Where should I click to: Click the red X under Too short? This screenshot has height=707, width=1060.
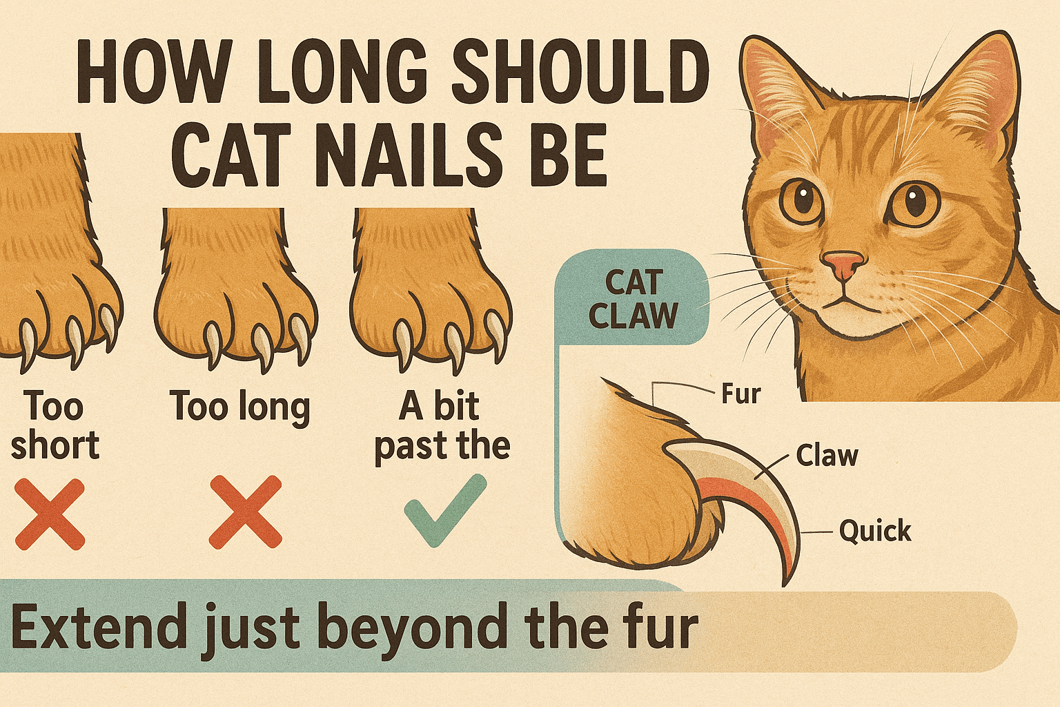tap(50, 514)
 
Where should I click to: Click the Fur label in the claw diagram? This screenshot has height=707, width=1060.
tap(740, 394)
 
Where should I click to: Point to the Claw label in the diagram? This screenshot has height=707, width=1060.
tap(827, 456)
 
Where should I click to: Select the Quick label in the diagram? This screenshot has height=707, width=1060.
tap(875, 531)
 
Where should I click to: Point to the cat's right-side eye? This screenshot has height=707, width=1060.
tap(914, 202)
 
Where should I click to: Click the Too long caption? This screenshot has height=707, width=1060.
tap(239, 407)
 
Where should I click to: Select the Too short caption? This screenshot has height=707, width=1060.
tap(55, 425)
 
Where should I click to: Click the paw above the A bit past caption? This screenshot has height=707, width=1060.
tap(429, 290)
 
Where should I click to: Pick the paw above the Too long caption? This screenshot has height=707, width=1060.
tap(235, 290)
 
